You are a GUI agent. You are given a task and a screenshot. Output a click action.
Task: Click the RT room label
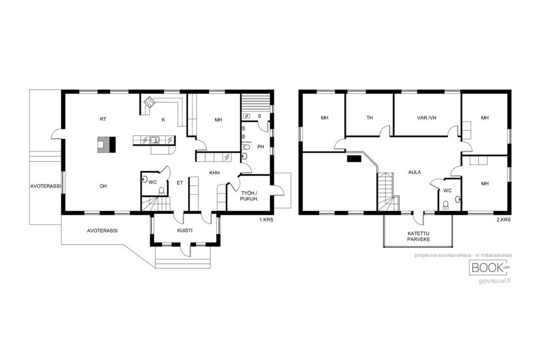click(103, 119)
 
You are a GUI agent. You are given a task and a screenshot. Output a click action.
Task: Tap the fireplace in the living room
click(107, 144)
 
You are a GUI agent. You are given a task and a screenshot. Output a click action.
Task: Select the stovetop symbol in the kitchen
click(149, 102)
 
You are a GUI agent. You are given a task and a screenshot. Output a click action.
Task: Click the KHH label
click(215, 173)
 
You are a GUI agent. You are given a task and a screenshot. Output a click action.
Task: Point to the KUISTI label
click(185, 230)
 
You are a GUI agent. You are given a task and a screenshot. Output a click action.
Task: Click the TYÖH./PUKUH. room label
click(249, 196)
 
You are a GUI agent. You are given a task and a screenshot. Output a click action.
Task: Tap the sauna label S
click(259, 116)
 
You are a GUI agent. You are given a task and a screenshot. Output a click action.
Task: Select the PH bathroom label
click(261, 147)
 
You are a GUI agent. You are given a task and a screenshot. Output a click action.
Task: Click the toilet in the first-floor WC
click(161, 191)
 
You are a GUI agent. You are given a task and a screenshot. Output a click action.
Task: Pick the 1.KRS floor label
click(266, 220)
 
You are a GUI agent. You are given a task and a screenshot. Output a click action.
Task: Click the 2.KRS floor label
click(504, 220)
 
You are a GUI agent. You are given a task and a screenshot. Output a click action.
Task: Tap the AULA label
click(414, 172)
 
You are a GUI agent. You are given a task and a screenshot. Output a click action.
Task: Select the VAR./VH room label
click(427, 118)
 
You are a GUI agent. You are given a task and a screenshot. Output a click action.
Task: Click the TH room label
click(370, 118)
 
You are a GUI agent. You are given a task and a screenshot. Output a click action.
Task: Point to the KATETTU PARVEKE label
click(418, 236)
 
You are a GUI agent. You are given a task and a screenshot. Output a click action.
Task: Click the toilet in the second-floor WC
click(446, 205)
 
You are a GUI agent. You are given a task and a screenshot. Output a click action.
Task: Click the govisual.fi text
click(495, 281)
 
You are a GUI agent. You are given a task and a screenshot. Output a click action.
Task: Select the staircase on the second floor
click(388, 192)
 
